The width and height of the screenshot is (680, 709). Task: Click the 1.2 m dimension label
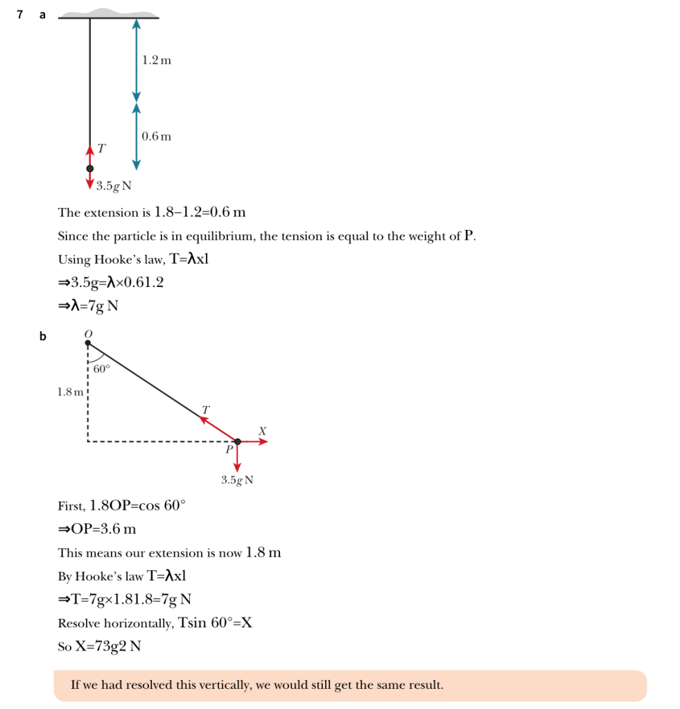pos(156,60)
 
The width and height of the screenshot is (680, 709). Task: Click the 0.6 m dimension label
pos(156,137)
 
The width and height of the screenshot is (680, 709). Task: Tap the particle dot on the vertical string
pos(89,168)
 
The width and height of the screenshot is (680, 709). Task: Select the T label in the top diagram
pos(102,148)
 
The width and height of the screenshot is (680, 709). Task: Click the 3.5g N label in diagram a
pos(114,186)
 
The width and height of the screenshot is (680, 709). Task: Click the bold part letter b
pos(42,337)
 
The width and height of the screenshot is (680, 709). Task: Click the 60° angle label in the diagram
pos(101,369)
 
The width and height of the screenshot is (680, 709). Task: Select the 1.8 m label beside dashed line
pos(70,392)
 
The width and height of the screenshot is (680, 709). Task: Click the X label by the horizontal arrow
pos(262,431)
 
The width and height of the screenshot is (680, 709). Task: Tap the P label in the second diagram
pos(229,449)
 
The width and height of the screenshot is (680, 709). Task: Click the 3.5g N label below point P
pos(237,480)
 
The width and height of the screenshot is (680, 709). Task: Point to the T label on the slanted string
pos(205,410)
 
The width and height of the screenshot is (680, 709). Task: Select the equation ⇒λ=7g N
pos(88,305)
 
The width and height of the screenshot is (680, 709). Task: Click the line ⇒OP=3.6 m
pos(97,529)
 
